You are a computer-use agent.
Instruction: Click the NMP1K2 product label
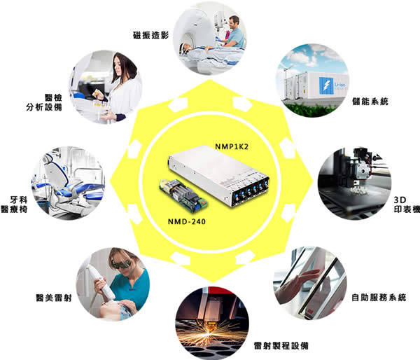[x=232, y=146]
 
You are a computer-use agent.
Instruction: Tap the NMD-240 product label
[x=187, y=221]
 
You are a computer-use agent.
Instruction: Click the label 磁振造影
[x=150, y=35]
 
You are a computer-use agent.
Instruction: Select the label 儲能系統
[x=370, y=102]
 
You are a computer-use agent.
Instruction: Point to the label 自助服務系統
[x=379, y=297]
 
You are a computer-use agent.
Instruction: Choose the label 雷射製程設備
[x=281, y=345]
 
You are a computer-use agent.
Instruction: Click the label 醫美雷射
[x=54, y=298]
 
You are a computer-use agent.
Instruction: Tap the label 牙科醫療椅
[x=14, y=205]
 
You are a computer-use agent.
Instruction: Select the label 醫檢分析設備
[x=44, y=102]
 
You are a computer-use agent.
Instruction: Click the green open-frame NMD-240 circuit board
[x=183, y=194]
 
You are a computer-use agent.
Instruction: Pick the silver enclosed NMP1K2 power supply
[x=218, y=174]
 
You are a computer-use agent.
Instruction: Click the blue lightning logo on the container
[x=326, y=85]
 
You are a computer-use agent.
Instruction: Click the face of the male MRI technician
[x=234, y=22]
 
